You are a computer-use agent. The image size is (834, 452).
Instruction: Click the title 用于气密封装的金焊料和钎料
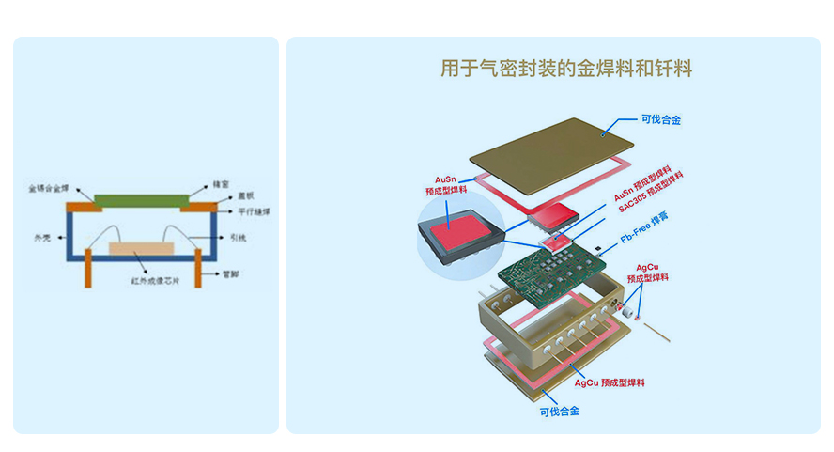[565, 69]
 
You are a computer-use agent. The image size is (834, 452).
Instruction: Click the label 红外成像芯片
[150, 279]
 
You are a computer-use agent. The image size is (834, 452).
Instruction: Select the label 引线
[238, 239]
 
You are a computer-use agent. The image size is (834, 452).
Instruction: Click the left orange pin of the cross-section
[87, 267]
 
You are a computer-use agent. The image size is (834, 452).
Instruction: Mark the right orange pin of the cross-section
[198, 267]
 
